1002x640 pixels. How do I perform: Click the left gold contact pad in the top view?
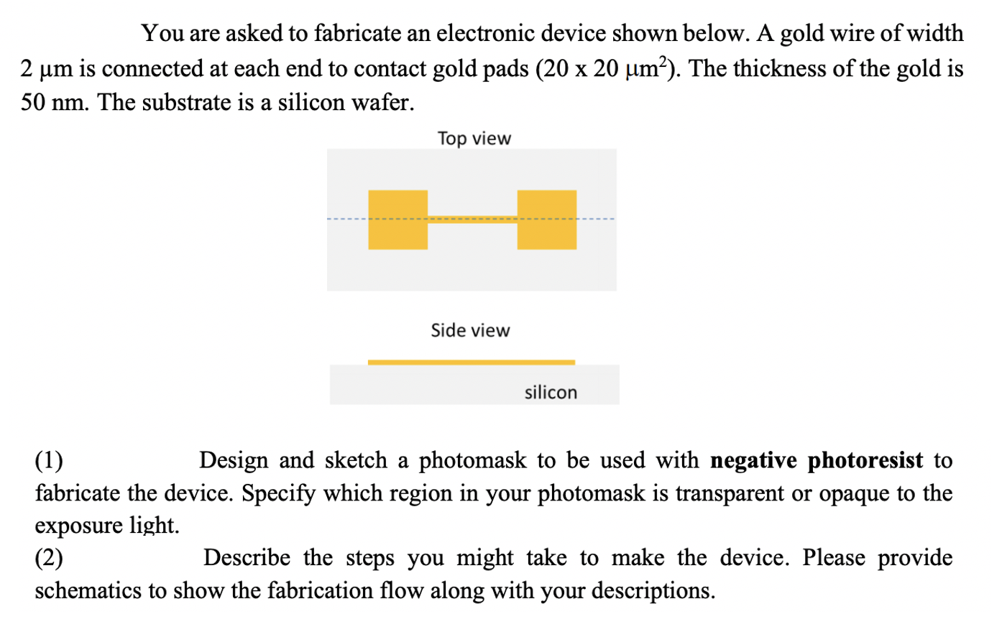[397, 219]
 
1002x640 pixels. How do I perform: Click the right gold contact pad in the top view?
[546, 219]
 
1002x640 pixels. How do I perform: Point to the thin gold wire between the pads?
[472, 219]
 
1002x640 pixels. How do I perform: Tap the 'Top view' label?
[474, 138]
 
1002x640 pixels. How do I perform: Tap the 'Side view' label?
[470, 330]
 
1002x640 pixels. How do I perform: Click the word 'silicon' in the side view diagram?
[551, 392]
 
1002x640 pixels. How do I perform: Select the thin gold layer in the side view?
[472, 362]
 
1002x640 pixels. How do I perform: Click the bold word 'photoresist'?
[865, 460]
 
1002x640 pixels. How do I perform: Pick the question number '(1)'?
[49, 460]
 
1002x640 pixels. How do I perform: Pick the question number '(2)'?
[49, 557]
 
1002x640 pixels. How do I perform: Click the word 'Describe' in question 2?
[247, 557]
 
